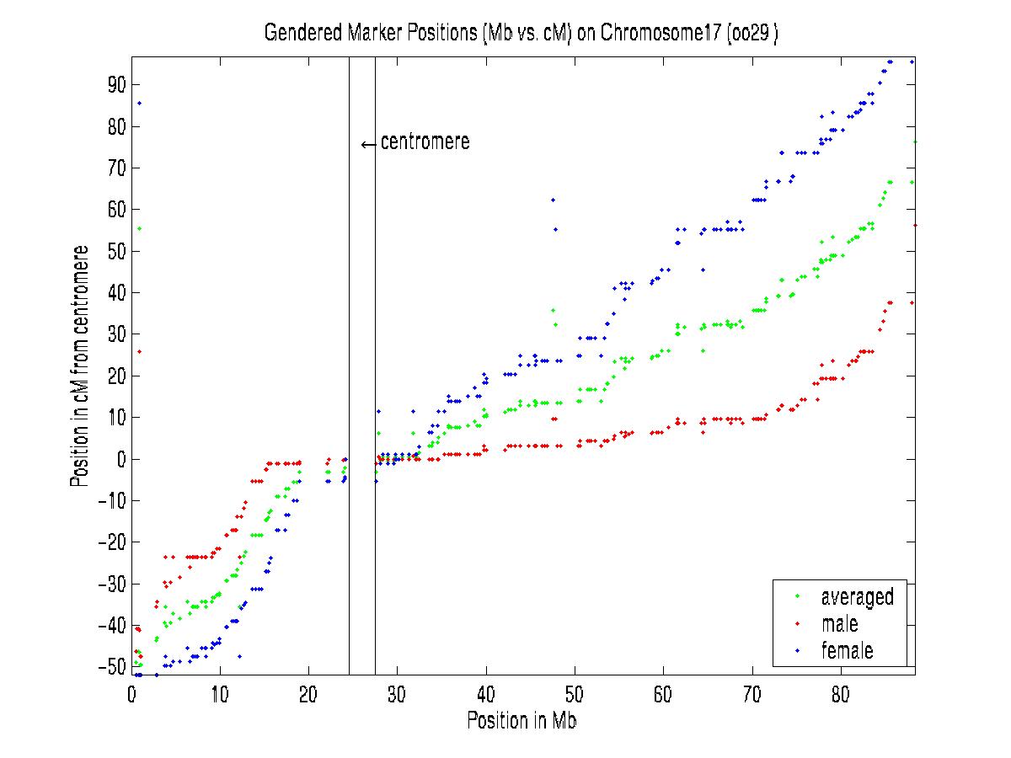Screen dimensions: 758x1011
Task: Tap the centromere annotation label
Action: [425, 142]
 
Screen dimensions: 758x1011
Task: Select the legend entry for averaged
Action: [857, 597]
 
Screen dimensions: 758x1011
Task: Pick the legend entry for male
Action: [839, 624]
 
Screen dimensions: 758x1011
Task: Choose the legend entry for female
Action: [847, 650]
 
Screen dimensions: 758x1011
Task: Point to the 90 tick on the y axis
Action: [115, 84]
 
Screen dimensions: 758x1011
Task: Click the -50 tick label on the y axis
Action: [110, 667]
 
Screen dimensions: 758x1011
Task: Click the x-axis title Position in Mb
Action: [522, 721]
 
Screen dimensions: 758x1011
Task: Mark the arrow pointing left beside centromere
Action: [368, 144]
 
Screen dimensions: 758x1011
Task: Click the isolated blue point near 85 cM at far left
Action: [140, 103]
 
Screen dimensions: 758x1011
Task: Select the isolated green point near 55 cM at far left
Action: [140, 228]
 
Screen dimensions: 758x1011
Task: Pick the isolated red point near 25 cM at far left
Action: [140, 351]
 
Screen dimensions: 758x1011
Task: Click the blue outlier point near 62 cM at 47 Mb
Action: [553, 200]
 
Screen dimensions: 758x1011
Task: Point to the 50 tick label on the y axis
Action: [115, 251]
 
